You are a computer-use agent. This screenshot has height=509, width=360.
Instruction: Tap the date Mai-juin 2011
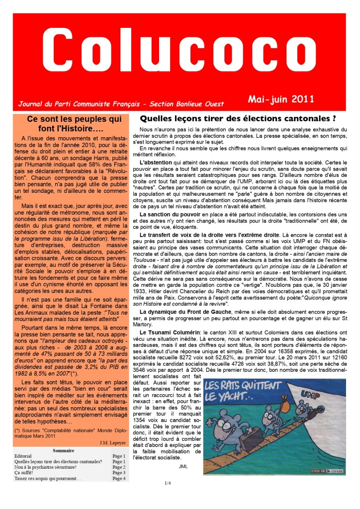[281, 98]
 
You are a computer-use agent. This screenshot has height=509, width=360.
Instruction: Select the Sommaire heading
[63, 450]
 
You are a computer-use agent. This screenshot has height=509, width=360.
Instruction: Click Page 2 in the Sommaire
[119, 467]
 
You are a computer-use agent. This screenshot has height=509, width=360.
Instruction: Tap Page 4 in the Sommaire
[119, 478]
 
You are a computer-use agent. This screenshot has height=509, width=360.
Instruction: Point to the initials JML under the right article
[184, 467]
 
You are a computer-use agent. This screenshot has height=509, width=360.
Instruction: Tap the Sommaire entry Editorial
[23, 456]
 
